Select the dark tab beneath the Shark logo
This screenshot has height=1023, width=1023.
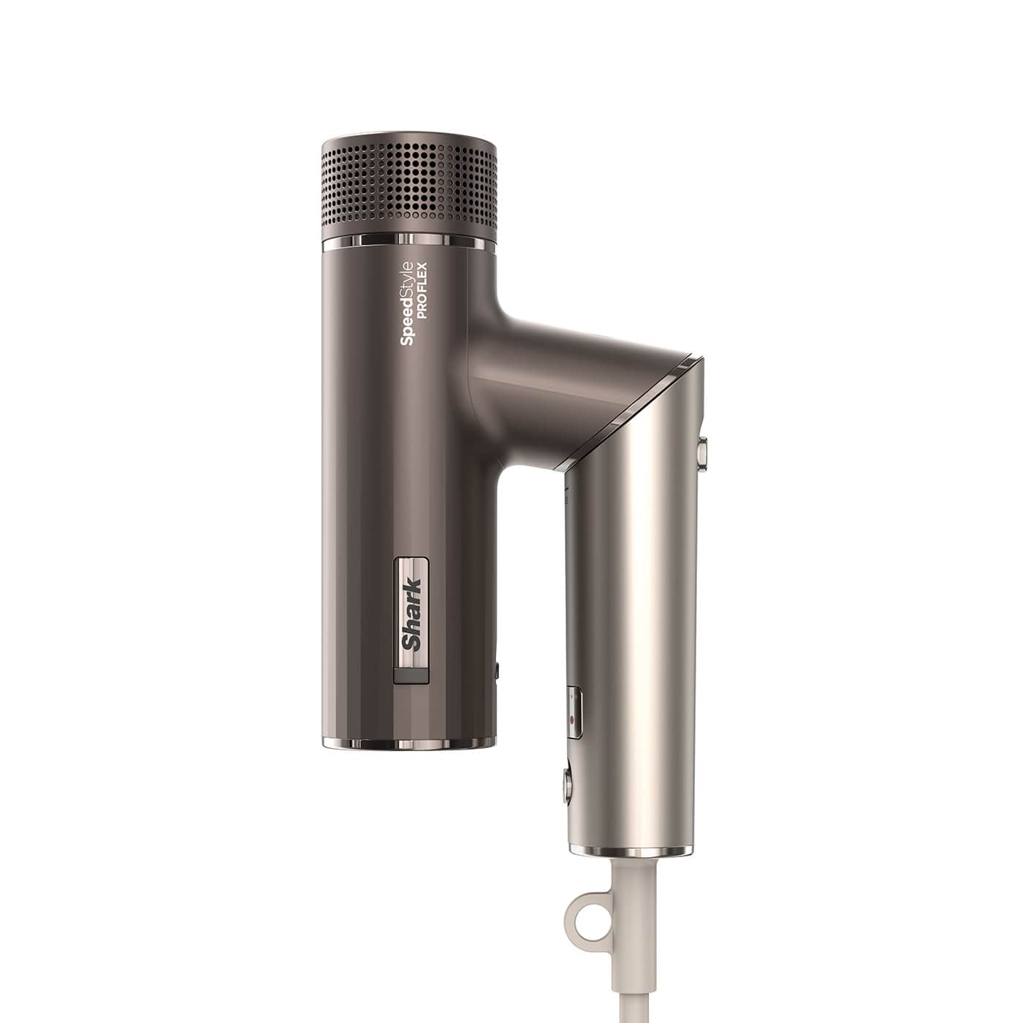pos(411,677)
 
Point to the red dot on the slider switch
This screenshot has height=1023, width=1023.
pos(571,720)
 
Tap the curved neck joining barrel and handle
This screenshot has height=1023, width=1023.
pos(512,380)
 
